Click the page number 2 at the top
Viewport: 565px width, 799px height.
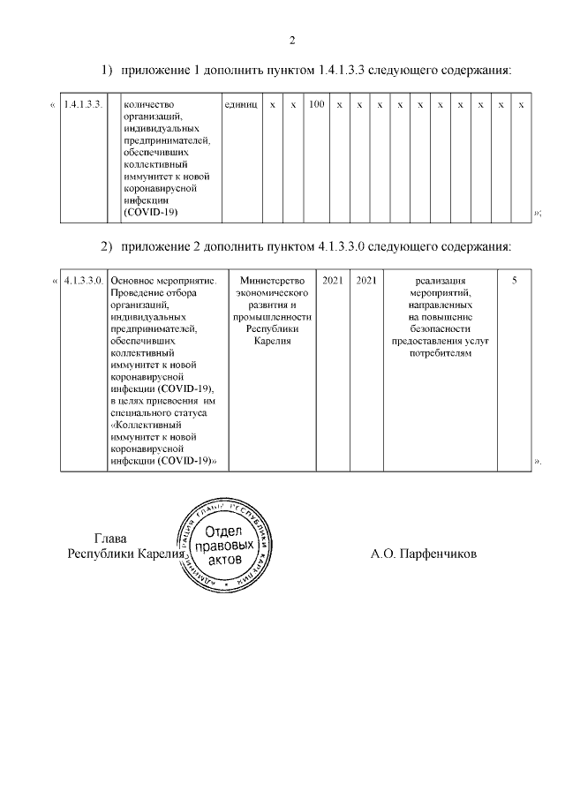[x=292, y=39]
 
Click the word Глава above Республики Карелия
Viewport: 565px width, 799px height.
[x=110, y=539]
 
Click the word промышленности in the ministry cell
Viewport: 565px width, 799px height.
[x=272, y=316]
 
